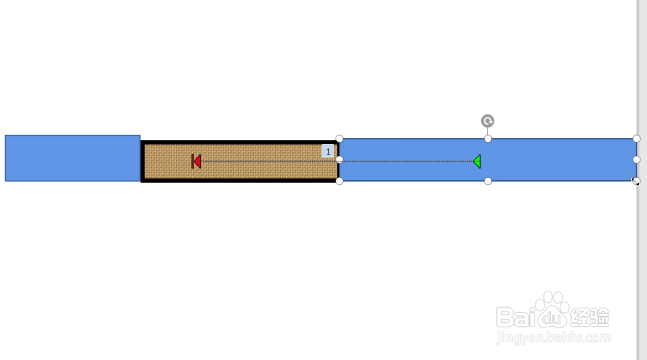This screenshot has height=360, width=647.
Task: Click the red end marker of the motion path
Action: tap(196, 161)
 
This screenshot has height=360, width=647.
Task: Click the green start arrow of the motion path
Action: tap(477, 161)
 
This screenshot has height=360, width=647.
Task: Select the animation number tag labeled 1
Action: tap(328, 151)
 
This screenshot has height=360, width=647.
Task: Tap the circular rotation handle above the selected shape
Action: tap(487, 121)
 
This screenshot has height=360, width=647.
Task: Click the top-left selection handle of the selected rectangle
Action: tap(339, 138)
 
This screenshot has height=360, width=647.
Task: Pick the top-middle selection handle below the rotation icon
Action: tap(487, 139)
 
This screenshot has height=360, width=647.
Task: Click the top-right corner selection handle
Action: tap(636, 139)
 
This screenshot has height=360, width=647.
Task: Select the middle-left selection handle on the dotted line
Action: tap(339, 160)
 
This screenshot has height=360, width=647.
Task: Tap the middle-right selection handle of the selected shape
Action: tap(636, 160)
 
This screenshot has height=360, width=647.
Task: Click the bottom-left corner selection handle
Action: tap(339, 181)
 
